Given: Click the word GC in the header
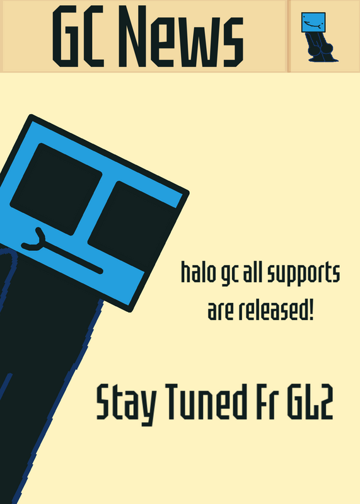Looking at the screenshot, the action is click(78, 37).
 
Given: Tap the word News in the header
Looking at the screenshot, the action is click(181, 37).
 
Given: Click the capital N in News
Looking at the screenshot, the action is click(132, 37).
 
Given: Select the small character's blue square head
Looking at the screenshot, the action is click(313, 23).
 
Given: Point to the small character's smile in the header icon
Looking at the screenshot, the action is click(312, 25).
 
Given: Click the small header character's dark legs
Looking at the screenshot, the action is click(321, 47).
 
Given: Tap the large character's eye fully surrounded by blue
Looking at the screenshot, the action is click(56, 189).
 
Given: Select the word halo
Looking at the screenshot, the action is click(198, 272).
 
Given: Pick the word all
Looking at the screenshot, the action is click(252, 272).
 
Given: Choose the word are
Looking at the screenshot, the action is click(221, 311).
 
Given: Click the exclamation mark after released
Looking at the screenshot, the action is click(311, 310).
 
